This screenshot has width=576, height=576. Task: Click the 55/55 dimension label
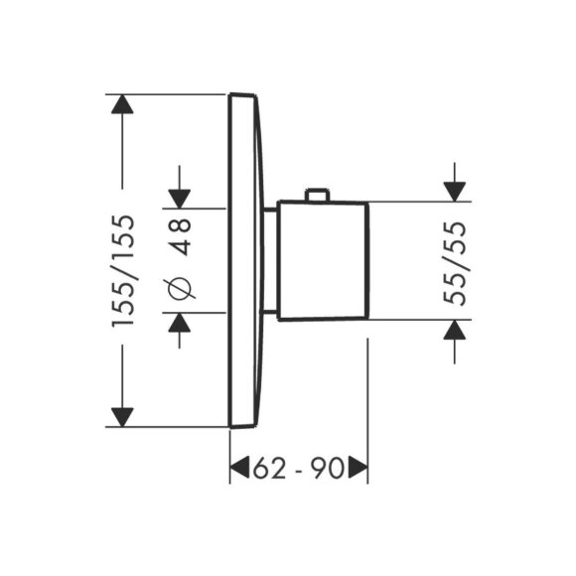tap(454, 260)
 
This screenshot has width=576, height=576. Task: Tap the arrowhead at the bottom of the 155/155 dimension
tap(122, 416)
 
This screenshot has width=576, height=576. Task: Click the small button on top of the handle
tap(317, 195)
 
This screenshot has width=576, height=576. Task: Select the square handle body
tap(322, 260)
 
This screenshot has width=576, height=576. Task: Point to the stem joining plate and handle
tap(269, 260)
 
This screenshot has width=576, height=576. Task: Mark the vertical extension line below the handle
tap(367, 397)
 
